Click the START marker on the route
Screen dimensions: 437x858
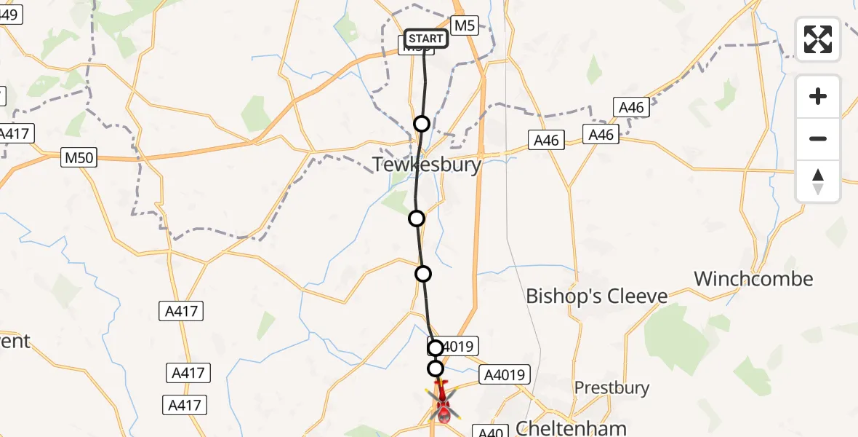[x=425, y=39]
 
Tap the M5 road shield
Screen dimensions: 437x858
[x=465, y=26]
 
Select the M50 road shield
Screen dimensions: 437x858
[x=79, y=157]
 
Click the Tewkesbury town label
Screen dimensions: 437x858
[x=428, y=165]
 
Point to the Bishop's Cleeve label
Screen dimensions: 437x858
[x=596, y=296]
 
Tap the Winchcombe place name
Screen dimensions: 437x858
[x=753, y=279]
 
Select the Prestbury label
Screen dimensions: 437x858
[x=612, y=387]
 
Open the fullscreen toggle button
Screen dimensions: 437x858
[x=818, y=39]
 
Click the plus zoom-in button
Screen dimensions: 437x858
[x=818, y=96]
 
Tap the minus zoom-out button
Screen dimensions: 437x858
[x=818, y=138]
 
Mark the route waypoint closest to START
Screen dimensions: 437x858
[x=422, y=124]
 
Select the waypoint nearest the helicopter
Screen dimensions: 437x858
[x=436, y=369]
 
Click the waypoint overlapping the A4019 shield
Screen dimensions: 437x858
[x=435, y=348]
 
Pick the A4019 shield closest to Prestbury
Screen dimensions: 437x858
[x=505, y=375]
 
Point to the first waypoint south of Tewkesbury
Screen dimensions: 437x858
[x=417, y=218]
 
